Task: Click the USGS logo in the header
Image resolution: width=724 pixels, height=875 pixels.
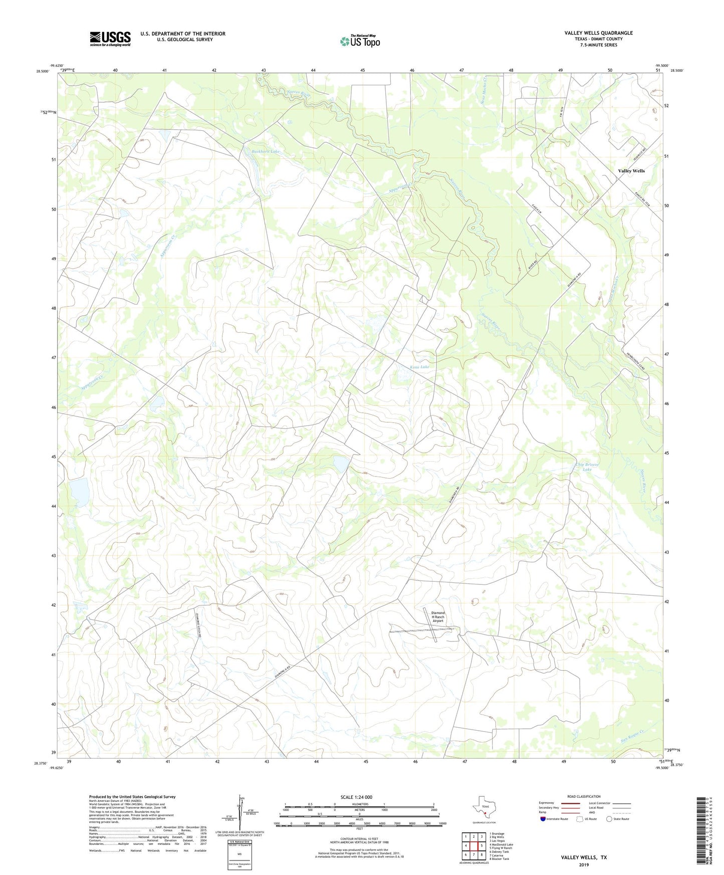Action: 110,39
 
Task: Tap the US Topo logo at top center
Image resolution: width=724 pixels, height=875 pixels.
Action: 360,41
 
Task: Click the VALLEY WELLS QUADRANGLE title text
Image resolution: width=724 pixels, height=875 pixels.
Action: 598,33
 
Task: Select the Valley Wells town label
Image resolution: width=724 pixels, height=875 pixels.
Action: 631,171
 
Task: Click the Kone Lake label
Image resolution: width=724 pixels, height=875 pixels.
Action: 419,367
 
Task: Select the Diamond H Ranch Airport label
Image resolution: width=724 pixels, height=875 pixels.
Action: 437,616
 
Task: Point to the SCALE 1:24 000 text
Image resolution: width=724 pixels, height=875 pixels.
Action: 356,797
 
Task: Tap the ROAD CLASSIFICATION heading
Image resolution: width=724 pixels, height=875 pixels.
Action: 584,796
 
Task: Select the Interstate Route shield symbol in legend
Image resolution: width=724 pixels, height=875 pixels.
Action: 543,819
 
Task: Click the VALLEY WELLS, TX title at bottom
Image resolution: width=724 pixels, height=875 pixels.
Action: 584,857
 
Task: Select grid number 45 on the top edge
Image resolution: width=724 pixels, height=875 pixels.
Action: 362,70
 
